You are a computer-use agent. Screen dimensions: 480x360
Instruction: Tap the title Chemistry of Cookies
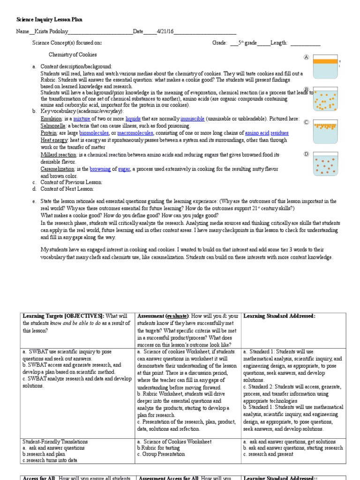(x=73, y=55)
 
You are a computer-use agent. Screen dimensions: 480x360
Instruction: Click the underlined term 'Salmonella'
(x=53, y=126)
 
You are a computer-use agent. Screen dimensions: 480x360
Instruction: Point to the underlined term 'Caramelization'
(x=58, y=169)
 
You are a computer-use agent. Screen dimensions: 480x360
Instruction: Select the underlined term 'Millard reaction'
(x=58, y=155)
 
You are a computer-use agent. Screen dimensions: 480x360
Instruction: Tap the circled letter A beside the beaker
(x=306, y=57)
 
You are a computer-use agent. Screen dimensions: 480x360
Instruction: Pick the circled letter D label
(x=306, y=154)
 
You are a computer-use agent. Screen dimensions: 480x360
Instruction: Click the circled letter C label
(x=306, y=122)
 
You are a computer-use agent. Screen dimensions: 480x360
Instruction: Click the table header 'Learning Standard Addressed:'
(x=279, y=316)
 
